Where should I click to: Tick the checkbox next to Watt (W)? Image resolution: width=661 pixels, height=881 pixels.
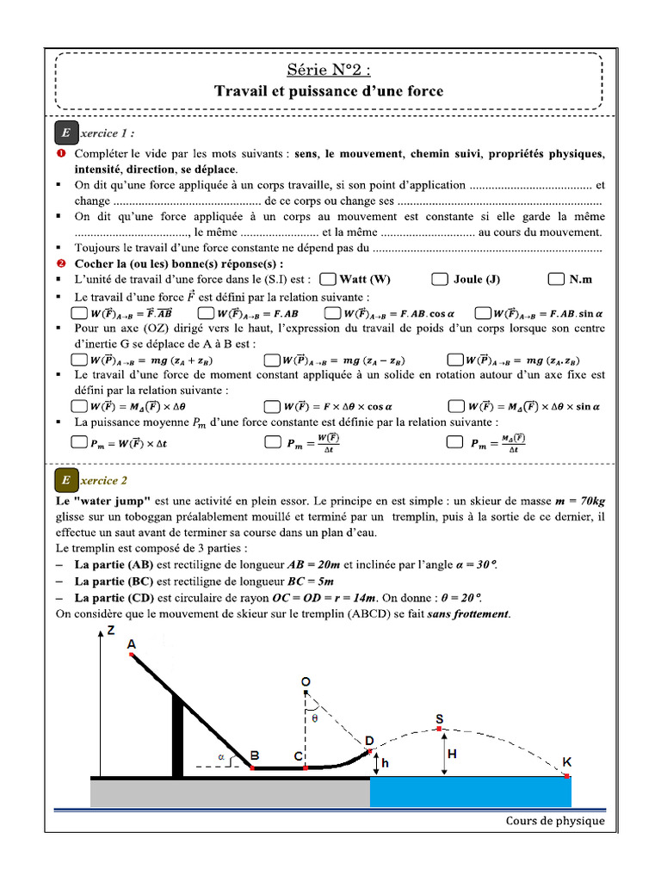coord(327,279)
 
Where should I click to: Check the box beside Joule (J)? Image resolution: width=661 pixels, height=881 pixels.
coord(440,279)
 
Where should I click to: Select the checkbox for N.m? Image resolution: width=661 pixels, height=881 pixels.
coord(556,279)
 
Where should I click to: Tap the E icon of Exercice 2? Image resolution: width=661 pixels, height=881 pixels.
coord(65,480)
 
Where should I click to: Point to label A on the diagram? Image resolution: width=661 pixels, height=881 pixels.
coord(131,644)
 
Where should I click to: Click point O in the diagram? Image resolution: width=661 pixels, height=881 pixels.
coord(306,681)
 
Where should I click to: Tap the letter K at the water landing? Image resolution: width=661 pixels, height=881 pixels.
coord(566,762)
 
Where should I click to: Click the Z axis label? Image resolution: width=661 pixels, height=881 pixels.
coord(111,630)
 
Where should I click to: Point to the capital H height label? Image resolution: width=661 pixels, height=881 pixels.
coord(454,754)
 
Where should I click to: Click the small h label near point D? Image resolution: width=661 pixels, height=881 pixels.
coord(385,762)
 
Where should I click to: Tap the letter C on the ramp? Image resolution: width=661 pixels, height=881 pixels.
coord(298,756)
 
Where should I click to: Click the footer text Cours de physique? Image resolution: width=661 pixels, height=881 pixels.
coord(554,821)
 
